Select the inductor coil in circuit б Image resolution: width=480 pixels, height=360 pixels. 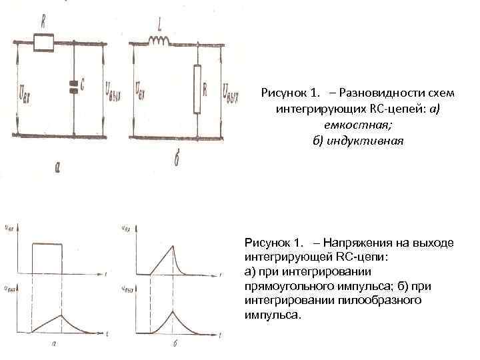pos(161,42)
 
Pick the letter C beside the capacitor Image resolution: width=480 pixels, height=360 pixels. pos(82,85)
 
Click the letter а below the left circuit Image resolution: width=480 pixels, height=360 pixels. pos(58,169)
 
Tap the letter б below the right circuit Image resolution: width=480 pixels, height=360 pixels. pos(176,162)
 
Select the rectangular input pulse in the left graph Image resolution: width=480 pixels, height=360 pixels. pos(47,258)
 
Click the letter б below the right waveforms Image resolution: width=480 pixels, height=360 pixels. pos(174,345)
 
